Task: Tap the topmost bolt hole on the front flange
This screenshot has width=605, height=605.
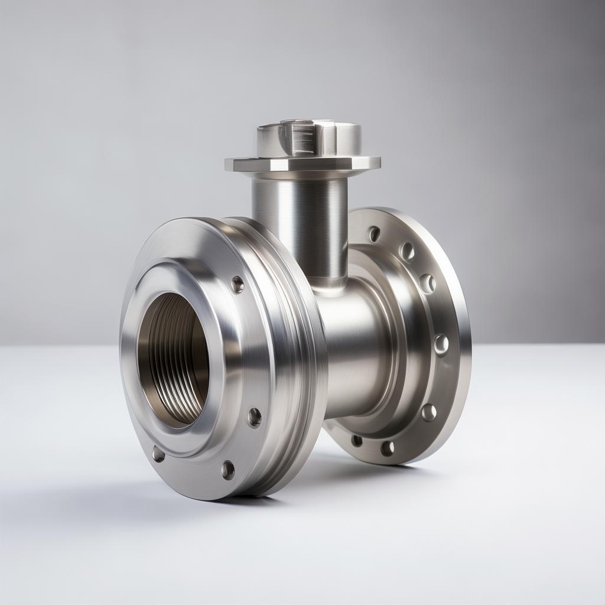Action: [x=238, y=284]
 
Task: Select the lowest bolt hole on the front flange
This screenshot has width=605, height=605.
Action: [x=227, y=470]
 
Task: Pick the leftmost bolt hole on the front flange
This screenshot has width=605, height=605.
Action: [x=158, y=454]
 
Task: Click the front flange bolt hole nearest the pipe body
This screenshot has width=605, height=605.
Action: [x=254, y=417]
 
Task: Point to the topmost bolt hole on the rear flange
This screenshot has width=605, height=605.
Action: [x=373, y=234]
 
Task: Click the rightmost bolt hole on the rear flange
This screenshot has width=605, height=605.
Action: [x=441, y=344]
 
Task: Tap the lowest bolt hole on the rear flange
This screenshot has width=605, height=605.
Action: [x=387, y=448]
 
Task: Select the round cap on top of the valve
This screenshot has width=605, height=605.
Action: [x=308, y=139]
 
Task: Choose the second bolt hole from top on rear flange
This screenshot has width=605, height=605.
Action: [x=406, y=252]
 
